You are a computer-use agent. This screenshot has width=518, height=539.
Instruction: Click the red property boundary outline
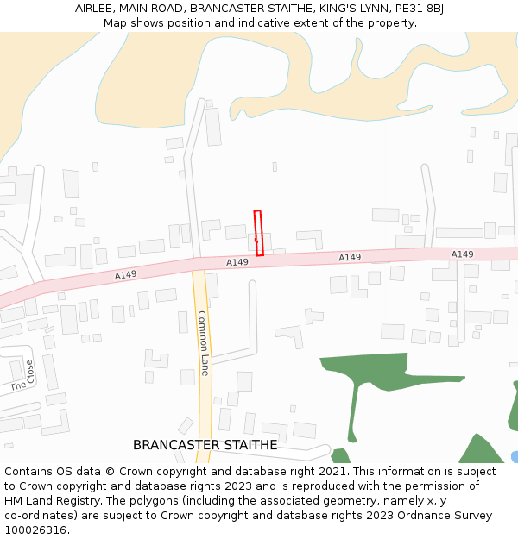(x=258, y=233)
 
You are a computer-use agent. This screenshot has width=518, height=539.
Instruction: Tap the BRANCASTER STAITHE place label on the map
(x=205, y=445)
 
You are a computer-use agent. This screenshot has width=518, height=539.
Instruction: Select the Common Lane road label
(x=204, y=342)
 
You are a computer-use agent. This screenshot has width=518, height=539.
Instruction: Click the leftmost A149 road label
(x=125, y=275)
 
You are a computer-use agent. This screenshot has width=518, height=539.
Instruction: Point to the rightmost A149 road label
(x=462, y=254)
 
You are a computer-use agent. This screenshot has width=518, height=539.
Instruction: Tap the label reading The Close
(x=23, y=376)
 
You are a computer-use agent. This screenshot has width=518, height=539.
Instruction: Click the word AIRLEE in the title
(x=94, y=9)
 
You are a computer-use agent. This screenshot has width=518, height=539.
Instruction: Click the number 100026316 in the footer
(x=36, y=530)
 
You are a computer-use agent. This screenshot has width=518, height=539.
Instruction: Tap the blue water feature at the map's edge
(x=515, y=456)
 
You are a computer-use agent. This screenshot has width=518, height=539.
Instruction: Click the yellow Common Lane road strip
(x=205, y=405)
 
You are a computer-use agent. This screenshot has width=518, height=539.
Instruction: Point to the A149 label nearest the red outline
(x=237, y=262)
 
